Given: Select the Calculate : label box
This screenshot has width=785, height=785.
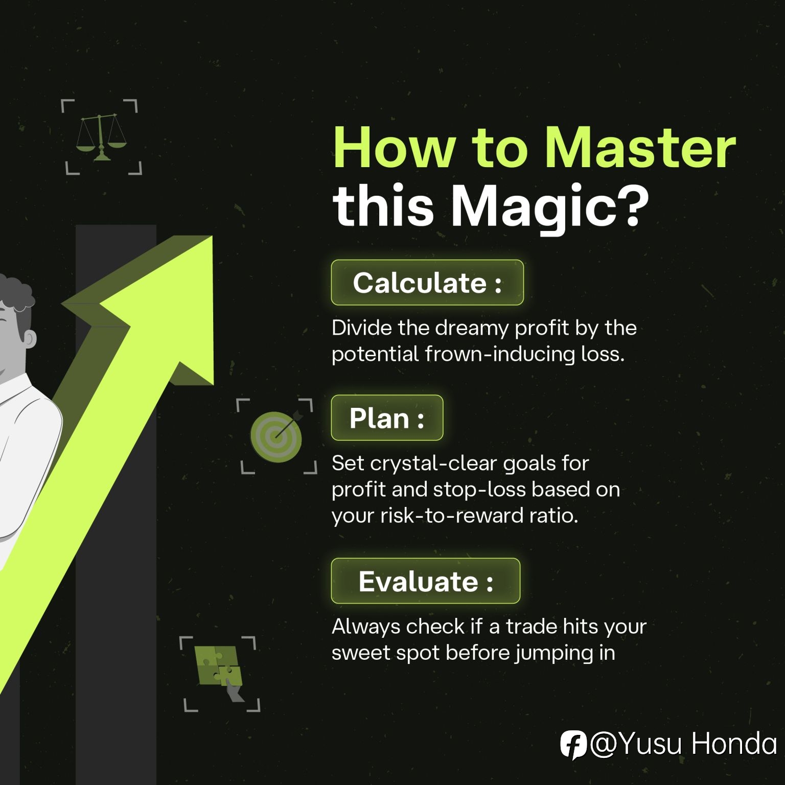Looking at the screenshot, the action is (427, 283).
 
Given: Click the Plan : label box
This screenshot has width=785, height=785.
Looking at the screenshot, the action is (387, 418).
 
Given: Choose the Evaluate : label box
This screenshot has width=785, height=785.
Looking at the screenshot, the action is (425, 581).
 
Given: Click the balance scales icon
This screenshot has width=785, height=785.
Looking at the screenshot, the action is (101, 137).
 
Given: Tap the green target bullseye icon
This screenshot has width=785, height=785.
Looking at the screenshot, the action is (276, 435).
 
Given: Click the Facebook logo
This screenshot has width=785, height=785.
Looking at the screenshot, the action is (572, 745).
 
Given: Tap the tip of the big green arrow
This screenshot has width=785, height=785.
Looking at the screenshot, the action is (212, 236).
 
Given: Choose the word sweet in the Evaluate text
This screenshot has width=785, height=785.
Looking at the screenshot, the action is (361, 653).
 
